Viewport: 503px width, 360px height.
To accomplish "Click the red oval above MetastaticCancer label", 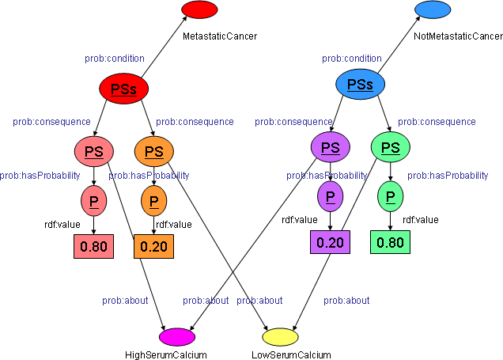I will click(x=199, y=9).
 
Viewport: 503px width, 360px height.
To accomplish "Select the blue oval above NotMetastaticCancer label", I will click(x=432, y=9).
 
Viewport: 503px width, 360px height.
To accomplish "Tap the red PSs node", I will click(x=123, y=89).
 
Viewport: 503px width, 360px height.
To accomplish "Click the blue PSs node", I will click(x=360, y=85).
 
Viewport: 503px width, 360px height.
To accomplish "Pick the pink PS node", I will click(x=94, y=150).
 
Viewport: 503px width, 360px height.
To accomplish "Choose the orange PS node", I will click(x=154, y=151).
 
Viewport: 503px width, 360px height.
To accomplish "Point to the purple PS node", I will click(x=330, y=147).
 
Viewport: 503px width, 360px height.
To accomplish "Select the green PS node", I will click(x=390, y=148).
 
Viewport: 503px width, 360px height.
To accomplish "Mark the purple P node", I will click(x=330, y=195).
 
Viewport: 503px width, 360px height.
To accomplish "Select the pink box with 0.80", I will click(x=93, y=246).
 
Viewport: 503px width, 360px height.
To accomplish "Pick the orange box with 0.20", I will click(x=153, y=247).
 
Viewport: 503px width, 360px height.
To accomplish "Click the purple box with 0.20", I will click(x=330, y=242).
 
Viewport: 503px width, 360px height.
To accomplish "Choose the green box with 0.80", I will click(x=390, y=242).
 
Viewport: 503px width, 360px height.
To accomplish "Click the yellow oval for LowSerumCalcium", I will click(x=280, y=338).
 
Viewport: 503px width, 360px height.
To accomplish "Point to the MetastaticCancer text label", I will click(x=220, y=36).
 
